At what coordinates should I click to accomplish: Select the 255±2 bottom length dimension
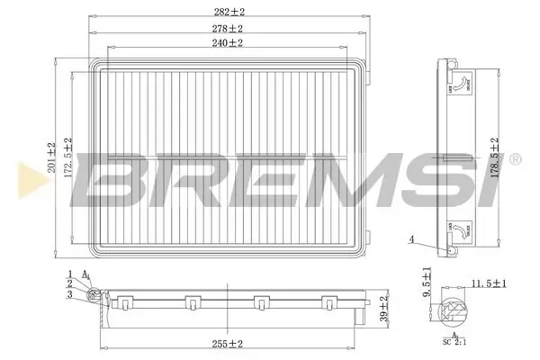[x=229, y=343]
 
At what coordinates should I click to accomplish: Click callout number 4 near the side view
[x=411, y=239]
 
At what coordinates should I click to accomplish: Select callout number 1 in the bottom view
[x=69, y=273]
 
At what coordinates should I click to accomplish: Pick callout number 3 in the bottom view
[x=69, y=294]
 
